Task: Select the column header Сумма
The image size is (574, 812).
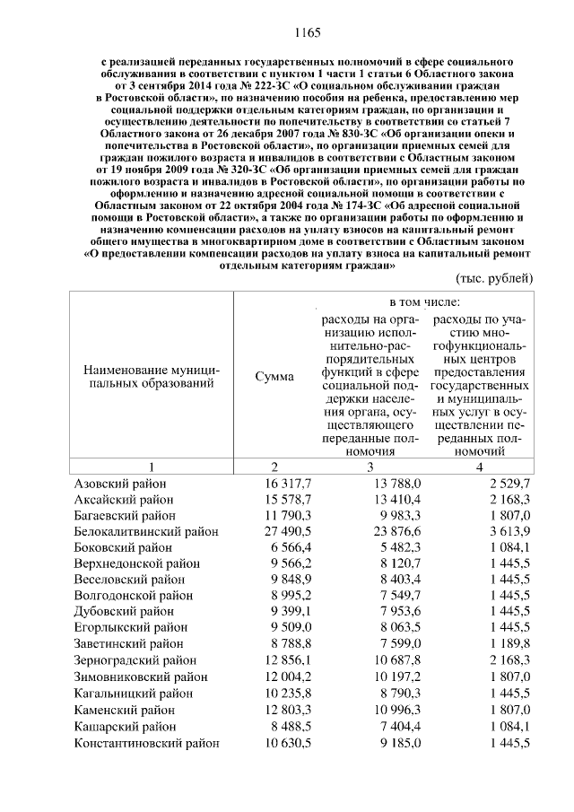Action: point(274,377)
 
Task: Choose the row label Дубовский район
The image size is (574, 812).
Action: point(122,611)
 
